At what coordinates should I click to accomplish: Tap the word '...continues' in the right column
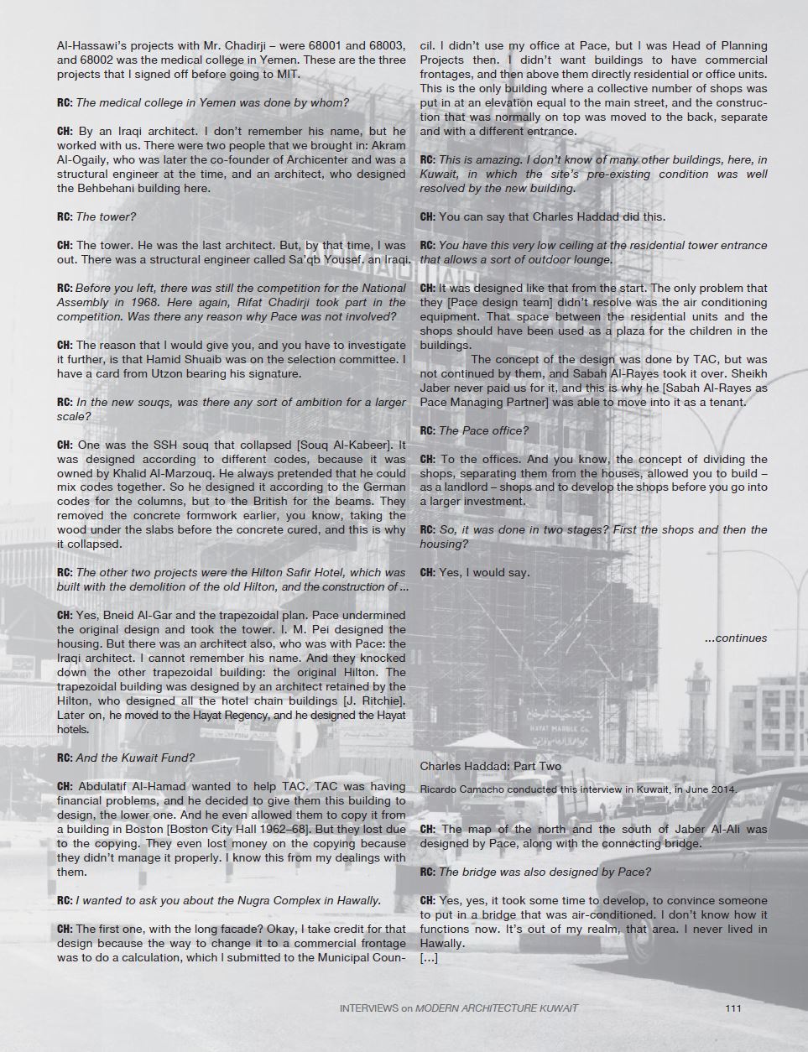point(735,638)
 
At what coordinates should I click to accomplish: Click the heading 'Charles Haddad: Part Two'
point(491,766)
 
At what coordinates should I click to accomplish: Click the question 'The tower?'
point(106,216)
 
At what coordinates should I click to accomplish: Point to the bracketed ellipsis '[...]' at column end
point(428,957)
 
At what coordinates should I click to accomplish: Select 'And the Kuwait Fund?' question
point(135,758)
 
